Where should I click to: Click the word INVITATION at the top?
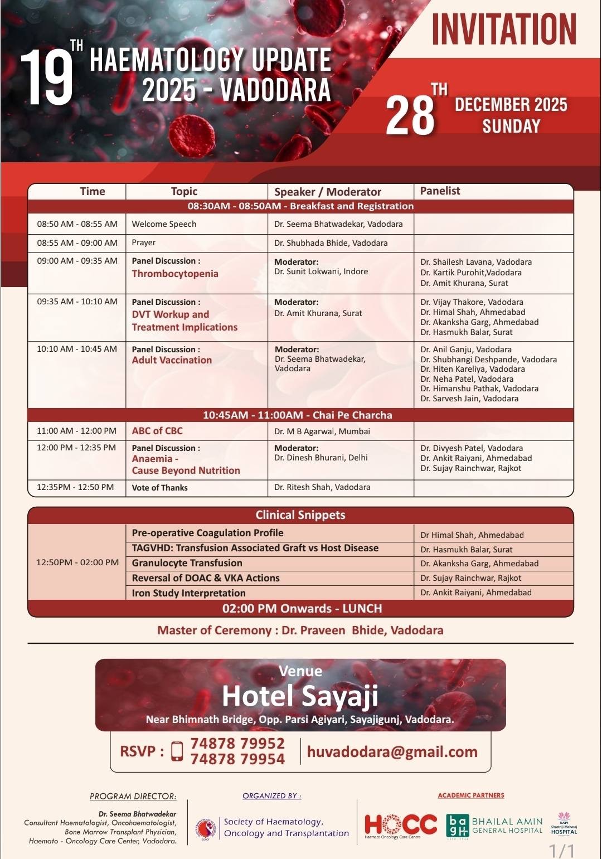coord(503,30)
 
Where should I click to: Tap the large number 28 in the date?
coord(410,116)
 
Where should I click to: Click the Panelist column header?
coord(440,191)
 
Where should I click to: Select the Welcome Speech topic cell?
coord(164,224)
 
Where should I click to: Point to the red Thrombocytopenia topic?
coord(174,274)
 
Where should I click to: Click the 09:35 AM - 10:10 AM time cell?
coord(77,302)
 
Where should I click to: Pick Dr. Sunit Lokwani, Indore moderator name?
coord(321,271)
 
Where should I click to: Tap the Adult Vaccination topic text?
coord(172,360)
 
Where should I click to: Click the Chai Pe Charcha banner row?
coord(297,415)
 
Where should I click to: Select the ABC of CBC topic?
coord(157,431)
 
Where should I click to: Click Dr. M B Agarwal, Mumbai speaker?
coord(322,431)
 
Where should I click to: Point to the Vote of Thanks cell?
coord(159,488)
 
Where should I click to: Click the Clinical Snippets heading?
coord(300,515)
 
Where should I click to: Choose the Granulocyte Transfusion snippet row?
coord(187,563)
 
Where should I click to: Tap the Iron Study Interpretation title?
coord(188,593)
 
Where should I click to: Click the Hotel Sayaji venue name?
coord(300,696)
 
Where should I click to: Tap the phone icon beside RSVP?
coord(177,751)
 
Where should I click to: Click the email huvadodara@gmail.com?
coord(392,752)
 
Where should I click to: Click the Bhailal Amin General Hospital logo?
coord(494,826)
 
